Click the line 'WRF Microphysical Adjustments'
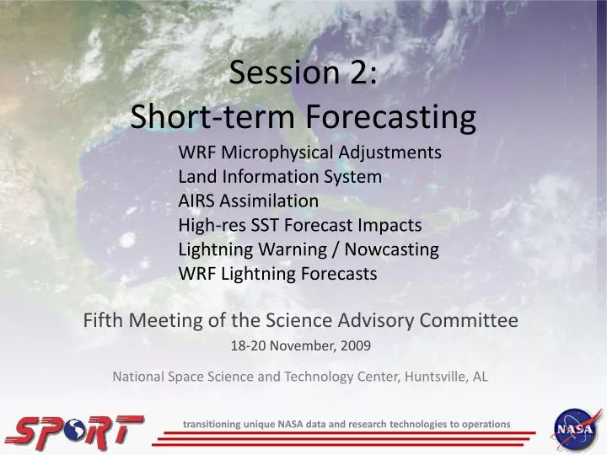point(309,153)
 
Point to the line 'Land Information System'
point(280,177)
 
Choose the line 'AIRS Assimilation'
point(248,201)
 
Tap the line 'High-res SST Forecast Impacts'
point(299,225)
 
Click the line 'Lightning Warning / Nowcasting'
point(309,249)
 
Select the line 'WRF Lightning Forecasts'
point(277,274)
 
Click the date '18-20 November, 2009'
point(300,345)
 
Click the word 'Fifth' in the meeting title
point(99,320)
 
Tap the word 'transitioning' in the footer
point(212,424)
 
